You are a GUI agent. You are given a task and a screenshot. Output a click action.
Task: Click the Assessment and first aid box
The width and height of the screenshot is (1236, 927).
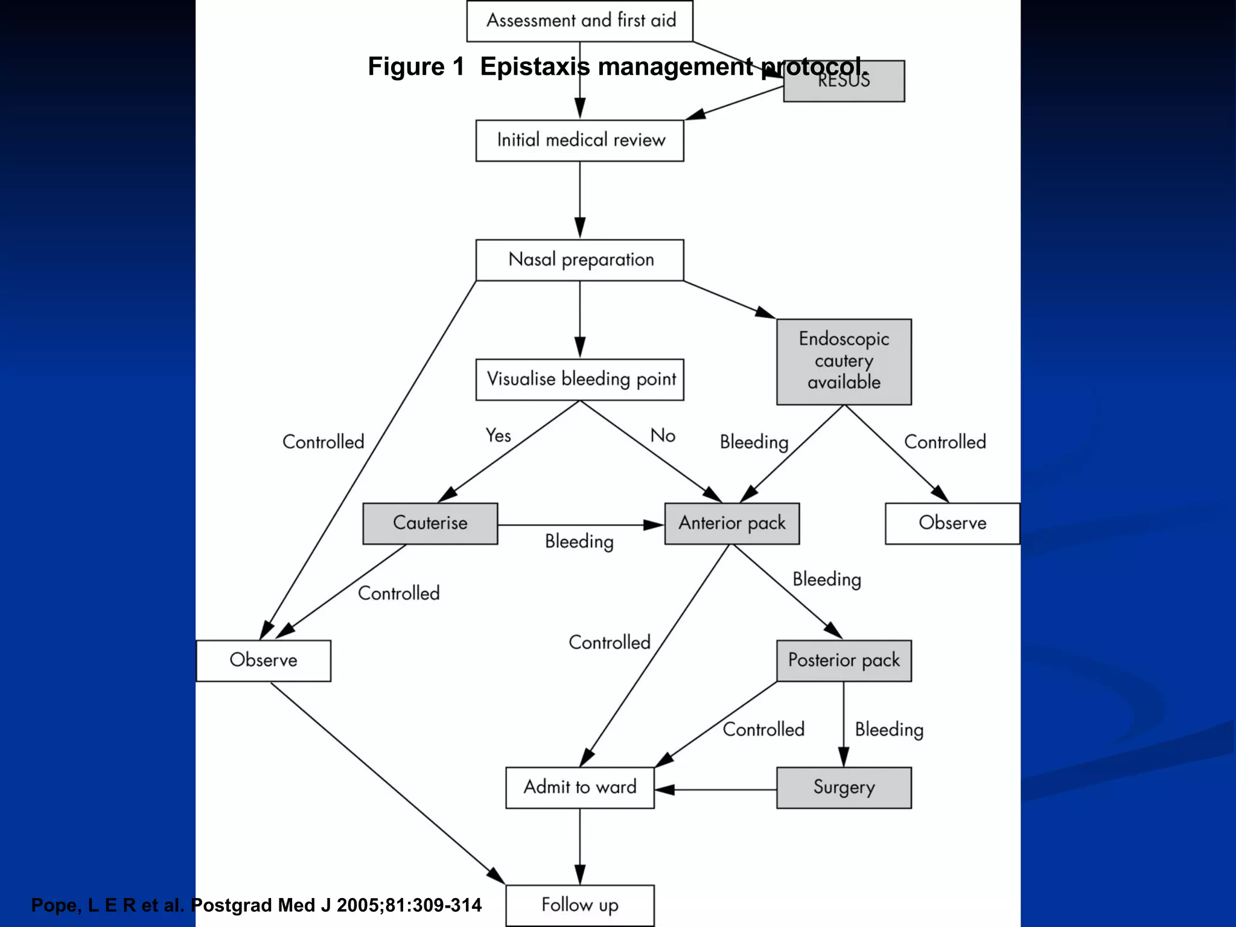(x=579, y=21)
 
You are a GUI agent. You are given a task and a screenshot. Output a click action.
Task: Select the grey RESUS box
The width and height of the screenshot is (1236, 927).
(x=844, y=88)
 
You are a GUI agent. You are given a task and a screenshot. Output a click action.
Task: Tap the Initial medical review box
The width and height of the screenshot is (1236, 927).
(x=579, y=141)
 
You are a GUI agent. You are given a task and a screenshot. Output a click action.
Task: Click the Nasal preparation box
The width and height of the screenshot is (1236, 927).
(x=579, y=260)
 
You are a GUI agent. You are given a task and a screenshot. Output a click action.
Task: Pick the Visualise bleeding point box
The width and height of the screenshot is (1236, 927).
(x=579, y=380)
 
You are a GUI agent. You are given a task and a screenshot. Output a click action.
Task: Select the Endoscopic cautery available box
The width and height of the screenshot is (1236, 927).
(x=844, y=362)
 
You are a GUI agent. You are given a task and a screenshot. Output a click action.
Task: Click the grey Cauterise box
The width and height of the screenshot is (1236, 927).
(x=430, y=523)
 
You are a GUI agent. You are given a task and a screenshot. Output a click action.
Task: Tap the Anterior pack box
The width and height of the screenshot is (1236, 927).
(x=731, y=523)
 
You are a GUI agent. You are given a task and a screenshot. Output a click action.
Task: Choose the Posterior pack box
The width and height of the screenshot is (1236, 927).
(x=844, y=661)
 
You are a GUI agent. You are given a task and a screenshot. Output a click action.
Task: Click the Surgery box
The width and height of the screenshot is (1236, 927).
(x=844, y=788)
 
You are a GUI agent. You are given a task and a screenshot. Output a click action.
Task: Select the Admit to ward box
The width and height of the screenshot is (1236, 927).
(x=579, y=788)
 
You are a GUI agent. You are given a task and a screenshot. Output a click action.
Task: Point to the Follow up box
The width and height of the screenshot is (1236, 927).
(x=579, y=905)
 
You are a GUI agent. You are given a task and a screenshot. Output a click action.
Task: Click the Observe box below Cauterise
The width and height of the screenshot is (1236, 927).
(x=263, y=661)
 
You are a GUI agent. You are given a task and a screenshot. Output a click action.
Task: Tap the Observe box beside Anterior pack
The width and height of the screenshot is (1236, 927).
(x=952, y=523)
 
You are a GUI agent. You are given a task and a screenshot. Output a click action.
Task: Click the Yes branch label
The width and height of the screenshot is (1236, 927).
(x=498, y=435)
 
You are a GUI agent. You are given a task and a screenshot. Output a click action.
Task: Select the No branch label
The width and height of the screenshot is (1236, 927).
(x=663, y=435)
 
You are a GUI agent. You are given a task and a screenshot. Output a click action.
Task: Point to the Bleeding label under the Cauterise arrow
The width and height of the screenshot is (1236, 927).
(x=579, y=541)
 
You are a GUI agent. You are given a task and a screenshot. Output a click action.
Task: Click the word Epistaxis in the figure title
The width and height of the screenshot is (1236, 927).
(x=535, y=66)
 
